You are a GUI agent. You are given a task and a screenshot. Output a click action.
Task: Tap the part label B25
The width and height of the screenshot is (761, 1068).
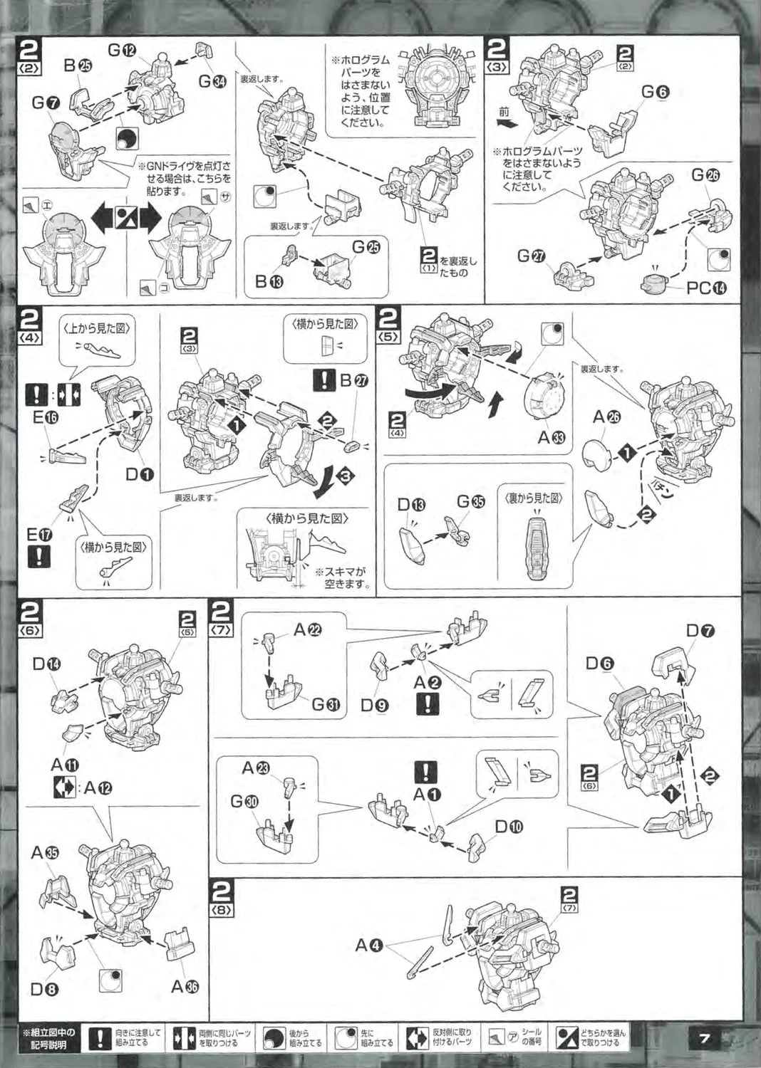point(78,66)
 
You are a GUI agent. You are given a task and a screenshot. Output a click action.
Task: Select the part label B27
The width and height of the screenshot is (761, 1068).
point(353,382)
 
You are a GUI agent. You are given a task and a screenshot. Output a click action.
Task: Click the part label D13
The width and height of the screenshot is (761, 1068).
point(412,506)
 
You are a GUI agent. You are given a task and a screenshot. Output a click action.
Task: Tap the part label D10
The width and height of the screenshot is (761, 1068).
point(509,827)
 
